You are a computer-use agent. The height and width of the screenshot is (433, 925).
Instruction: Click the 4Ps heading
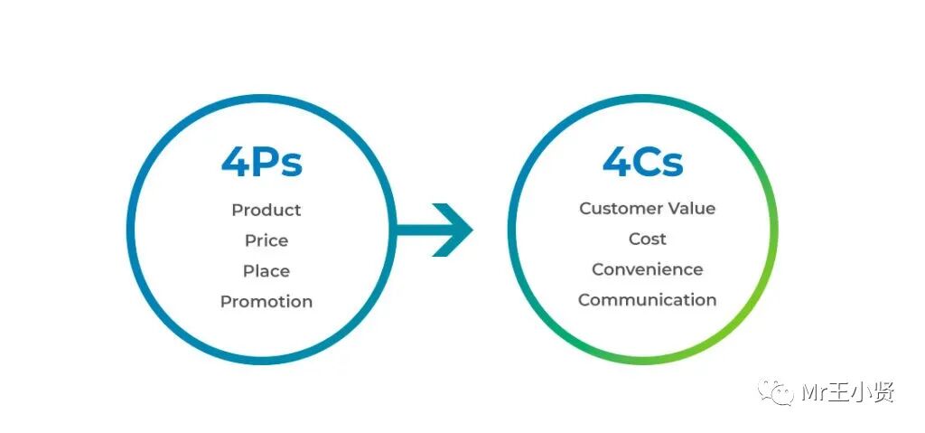262,163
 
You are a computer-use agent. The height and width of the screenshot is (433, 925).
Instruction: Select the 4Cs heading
643,162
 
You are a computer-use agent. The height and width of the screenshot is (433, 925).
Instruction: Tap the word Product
266,210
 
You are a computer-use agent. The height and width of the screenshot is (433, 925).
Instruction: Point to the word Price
266,240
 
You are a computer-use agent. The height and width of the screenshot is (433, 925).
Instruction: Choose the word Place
266,271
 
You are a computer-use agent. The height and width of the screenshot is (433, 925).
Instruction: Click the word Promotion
266,302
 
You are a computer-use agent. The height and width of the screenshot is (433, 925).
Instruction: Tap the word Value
691,209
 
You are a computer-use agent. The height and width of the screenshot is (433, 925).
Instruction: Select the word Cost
648,239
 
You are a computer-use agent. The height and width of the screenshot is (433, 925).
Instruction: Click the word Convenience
648,269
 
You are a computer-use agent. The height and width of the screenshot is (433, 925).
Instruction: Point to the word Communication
648,300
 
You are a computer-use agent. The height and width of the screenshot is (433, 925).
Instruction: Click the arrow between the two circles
434,230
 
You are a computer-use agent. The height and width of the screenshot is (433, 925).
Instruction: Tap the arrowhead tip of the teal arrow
470,230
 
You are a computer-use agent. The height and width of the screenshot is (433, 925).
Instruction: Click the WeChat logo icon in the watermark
776,392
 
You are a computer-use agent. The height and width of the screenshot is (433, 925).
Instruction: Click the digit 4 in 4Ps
236,163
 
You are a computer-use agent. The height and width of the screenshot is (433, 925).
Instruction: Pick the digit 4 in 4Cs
617,162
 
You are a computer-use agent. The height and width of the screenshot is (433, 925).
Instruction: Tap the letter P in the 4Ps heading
268,163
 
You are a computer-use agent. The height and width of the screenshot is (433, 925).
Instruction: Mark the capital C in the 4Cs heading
651,162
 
